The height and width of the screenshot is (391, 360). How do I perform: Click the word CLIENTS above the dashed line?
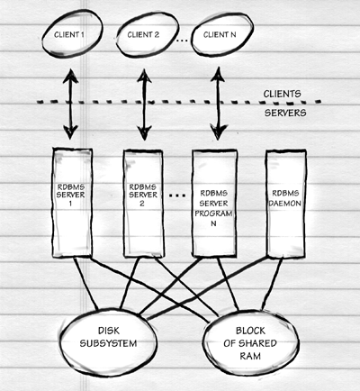282,94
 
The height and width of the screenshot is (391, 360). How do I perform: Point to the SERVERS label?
285,113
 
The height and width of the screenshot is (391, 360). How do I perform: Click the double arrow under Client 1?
70,104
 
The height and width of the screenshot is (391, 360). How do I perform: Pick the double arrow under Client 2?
144,105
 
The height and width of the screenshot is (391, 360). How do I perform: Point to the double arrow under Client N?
218,104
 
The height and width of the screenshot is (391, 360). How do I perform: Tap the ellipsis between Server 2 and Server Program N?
177,195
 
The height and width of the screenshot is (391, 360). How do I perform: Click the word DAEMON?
285,204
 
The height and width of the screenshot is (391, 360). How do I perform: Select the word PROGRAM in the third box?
213,214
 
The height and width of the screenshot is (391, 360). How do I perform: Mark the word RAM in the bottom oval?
250,356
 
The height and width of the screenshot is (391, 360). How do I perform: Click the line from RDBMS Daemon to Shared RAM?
273,284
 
